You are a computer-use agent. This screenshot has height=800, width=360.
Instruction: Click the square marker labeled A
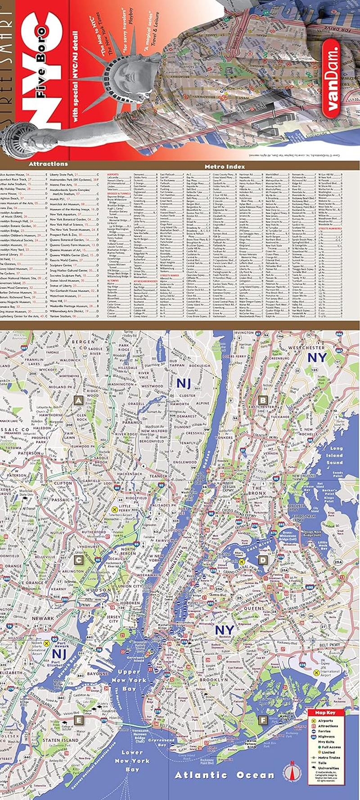[x=78, y=400]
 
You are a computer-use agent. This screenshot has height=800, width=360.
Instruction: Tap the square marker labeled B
[x=263, y=400]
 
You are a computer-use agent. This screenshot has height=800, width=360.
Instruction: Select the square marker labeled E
[x=78, y=720]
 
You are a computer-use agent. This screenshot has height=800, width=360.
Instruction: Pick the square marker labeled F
[x=263, y=720]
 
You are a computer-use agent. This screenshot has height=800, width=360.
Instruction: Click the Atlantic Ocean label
[x=225, y=775]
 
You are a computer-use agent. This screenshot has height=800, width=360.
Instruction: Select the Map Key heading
[x=325, y=713]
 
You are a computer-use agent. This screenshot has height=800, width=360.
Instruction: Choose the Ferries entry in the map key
[x=324, y=732]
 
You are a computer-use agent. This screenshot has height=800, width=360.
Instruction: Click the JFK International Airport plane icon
[x=317, y=673]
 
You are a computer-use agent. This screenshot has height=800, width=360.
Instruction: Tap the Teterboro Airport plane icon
[x=114, y=509]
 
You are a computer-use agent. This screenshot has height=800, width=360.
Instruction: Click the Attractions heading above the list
[x=48, y=164]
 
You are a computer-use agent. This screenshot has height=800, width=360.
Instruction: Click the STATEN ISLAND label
[x=61, y=740]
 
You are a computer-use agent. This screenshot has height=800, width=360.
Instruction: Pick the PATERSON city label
[x=29, y=453]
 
